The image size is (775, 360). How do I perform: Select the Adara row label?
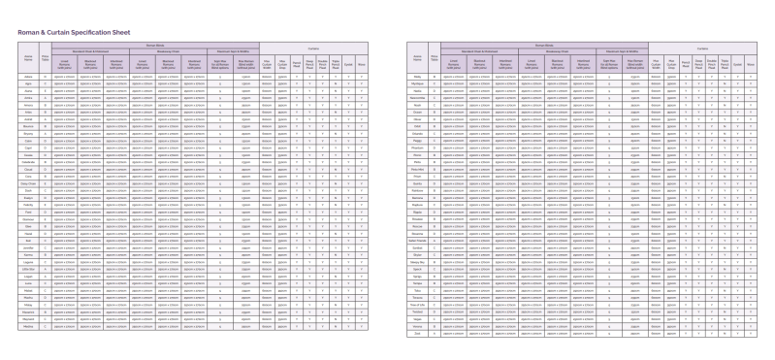tap(28, 76)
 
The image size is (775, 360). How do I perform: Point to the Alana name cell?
tap(28, 91)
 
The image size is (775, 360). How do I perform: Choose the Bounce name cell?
tap(28, 125)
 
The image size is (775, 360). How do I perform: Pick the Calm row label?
tap(28, 142)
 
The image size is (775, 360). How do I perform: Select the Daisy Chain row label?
tap(28, 183)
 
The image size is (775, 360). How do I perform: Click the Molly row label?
tap(417, 76)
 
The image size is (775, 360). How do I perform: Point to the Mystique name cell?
tap(417, 83)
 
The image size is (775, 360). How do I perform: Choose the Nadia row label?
tap(417, 91)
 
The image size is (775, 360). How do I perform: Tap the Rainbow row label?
tap(417, 192)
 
